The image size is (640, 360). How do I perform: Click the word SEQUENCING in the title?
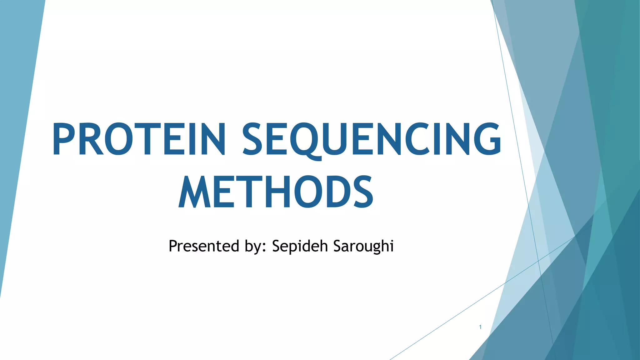tap(372, 139)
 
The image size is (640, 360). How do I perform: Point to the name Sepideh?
tap(300, 246)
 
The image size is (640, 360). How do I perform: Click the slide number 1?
tap(480, 327)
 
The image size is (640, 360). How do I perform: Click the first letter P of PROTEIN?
tap(64, 139)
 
